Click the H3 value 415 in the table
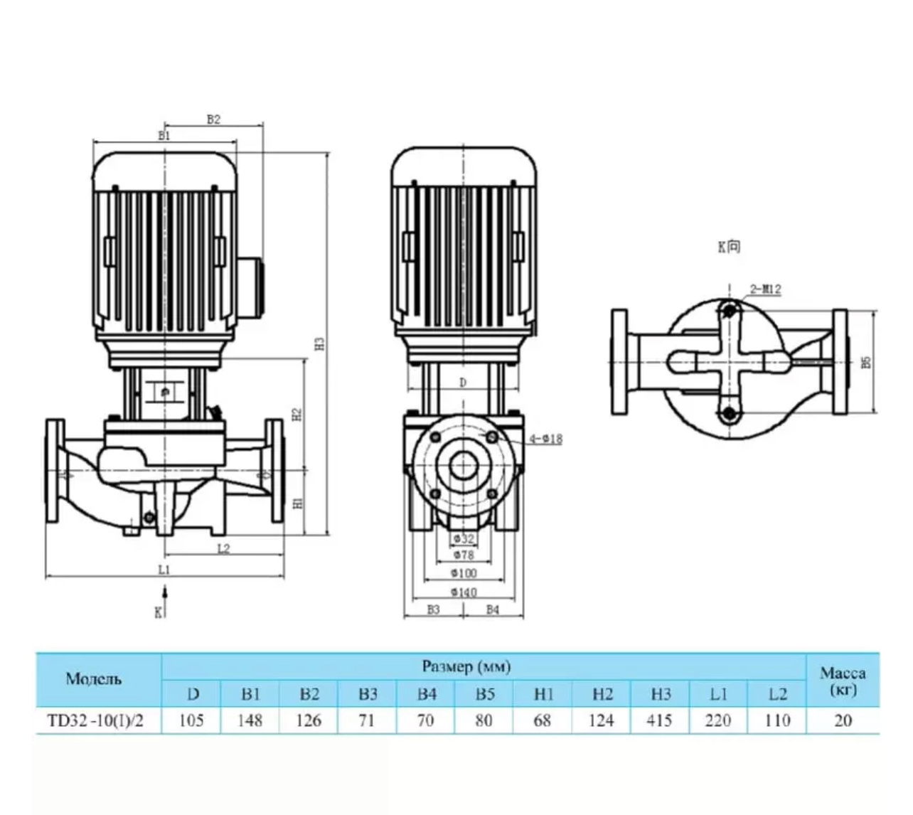pyautogui.click(x=660, y=720)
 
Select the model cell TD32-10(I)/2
pyautogui.click(x=95, y=720)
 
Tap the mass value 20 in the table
pyautogui.click(x=843, y=720)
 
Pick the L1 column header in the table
pyautogui.click(x=718, y=694)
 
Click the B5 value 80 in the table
pyautogui.click(x=484, y=720)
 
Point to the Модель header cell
pyautogui.click(x=94, y=678)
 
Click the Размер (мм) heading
pyautogui.click(x=466, y=666)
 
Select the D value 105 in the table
pyautogui.click(x=191, y=720)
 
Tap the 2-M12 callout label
pyautogui.click(x=765, y=289)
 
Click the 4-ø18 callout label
pyautogui.click(x=546, y=439)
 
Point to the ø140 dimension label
pyautogui.click(x=464, y=592)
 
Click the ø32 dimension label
pyautogui.click(x=464, y=538)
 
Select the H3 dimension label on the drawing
pyautogui.click(x=321, y=343)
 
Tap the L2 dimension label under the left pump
pyautogui.click(x=223, y=548)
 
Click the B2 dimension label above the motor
pyautogui.click(x=213, y=119)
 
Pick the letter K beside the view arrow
pyautogui.click(x=159, y=612)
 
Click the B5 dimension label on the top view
pyautogui.click(x=865, y=362)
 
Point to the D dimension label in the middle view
pyautogui.click(x=463, y=383)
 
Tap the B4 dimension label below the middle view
pyautogui.click(x=492, y=609)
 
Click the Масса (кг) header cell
pyautogui.click(x=843, y=681)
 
